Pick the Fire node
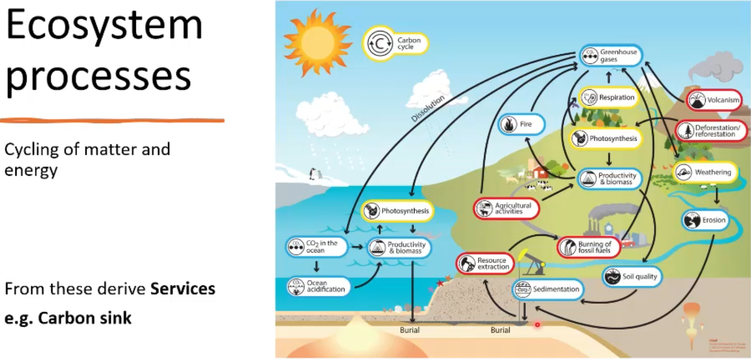click(522, 124)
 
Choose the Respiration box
click(608, 98)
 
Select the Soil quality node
click(632, 276)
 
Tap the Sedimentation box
click(547, 289)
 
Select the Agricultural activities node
click(506, 209)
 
